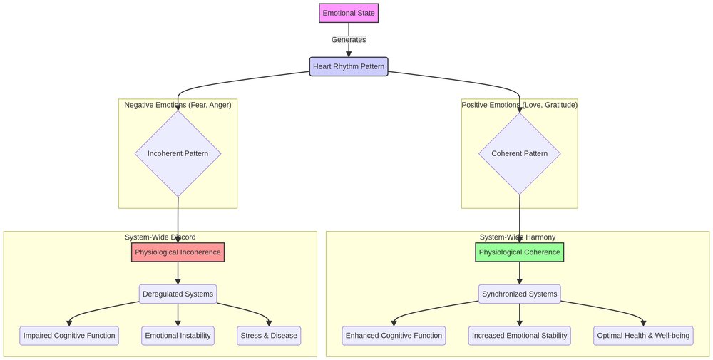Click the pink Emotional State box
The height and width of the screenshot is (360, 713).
coord(348,13)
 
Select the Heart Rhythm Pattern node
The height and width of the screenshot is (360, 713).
coord(349,67)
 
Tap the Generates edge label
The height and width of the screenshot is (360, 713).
coord(349,40)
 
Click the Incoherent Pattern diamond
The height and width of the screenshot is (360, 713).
coord(178,153)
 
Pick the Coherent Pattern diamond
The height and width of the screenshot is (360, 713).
coord(520,153)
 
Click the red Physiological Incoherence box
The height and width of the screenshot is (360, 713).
coord(178,252)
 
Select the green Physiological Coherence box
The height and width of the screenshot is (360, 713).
coord(520,252)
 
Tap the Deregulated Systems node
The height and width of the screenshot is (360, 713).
coord(178,294)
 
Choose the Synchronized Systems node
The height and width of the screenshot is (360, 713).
coord(520,294)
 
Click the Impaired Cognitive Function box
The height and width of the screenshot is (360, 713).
coord(69,336)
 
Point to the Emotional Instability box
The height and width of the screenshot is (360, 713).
coord(178,336)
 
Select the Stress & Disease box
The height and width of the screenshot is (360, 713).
coord(269,336)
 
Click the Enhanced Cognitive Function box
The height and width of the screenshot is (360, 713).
coord(394,336)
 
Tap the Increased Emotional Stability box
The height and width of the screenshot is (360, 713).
coord(520,336)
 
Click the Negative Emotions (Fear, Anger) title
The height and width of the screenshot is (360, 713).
coord(178,105)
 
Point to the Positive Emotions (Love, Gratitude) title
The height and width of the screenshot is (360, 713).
coord(520,105)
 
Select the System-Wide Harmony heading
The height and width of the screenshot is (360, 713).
coord(518,237)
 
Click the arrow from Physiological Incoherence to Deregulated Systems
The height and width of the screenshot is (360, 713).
coord(178,273)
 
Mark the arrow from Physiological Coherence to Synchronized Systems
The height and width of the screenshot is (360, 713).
coord(520,273)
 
